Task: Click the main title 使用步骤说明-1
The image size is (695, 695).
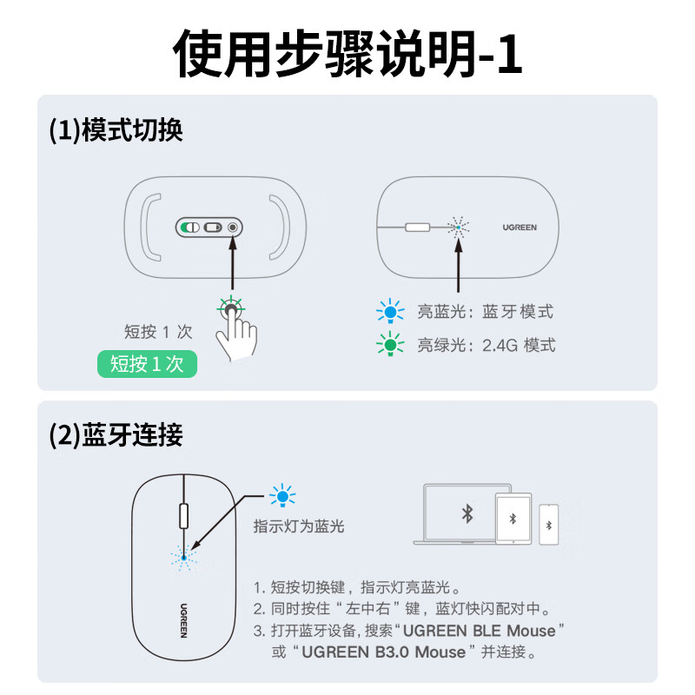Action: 347,54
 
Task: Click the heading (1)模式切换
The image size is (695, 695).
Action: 116,130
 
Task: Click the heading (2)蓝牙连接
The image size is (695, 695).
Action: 116,435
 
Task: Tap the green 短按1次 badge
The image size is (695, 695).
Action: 147,364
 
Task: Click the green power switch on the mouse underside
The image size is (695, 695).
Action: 189,228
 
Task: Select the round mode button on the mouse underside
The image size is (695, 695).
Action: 233,228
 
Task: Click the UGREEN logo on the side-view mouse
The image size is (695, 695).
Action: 520,228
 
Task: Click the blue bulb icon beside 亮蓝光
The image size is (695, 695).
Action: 390,311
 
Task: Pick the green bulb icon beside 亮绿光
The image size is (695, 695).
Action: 390,344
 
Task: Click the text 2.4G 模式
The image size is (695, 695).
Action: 519,345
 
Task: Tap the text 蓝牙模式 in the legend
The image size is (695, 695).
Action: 518,312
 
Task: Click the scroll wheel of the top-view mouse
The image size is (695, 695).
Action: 184,516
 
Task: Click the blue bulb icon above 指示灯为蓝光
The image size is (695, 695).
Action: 282,495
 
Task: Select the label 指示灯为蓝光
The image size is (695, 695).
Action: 299,526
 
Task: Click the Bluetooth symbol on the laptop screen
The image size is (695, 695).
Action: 467,513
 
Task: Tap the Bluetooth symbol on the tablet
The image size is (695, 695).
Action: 513,519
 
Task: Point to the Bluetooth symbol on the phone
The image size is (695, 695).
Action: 549,526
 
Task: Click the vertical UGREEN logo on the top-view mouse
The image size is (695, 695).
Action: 183,620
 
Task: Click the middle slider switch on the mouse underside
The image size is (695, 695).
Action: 213,228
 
